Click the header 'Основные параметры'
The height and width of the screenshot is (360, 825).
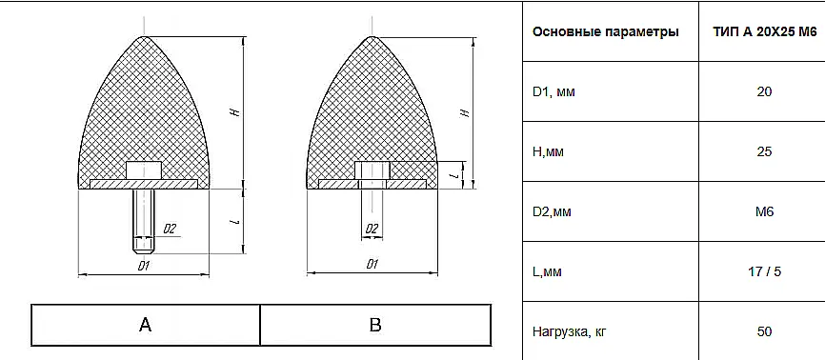pyautogui.click(x=606, y=32)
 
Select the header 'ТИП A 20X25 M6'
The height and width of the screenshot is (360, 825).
pyautogui.click(x=765, y=32)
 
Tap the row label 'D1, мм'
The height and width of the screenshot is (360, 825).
pyautogui.click(x=554, y=92)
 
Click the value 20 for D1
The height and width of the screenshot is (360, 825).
pyautogui.click(x=764, y=92)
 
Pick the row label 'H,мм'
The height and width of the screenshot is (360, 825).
pyautogui.click(x=548, y=152)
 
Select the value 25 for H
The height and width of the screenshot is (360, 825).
pyautogui.click(x=764, y=152)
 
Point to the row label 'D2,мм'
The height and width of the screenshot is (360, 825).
pyautogui.click(x=552, y=212)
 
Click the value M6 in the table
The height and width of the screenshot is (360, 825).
pyautogui.click(x=764, y=212)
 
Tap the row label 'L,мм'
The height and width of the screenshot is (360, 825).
pyautogui.click(x=547, y=272)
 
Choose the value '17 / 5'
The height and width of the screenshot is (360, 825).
pyautogui.click(x=764, y=272)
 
